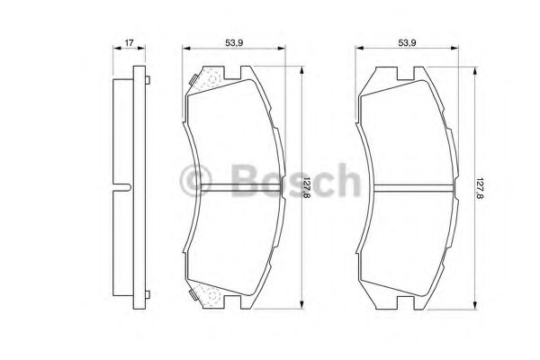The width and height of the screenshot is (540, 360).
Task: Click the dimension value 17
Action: (x=130, y=42)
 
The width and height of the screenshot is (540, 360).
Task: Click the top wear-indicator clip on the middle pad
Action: (x=206, y=79)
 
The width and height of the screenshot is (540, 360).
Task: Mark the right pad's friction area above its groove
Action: (x=409, y=135)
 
